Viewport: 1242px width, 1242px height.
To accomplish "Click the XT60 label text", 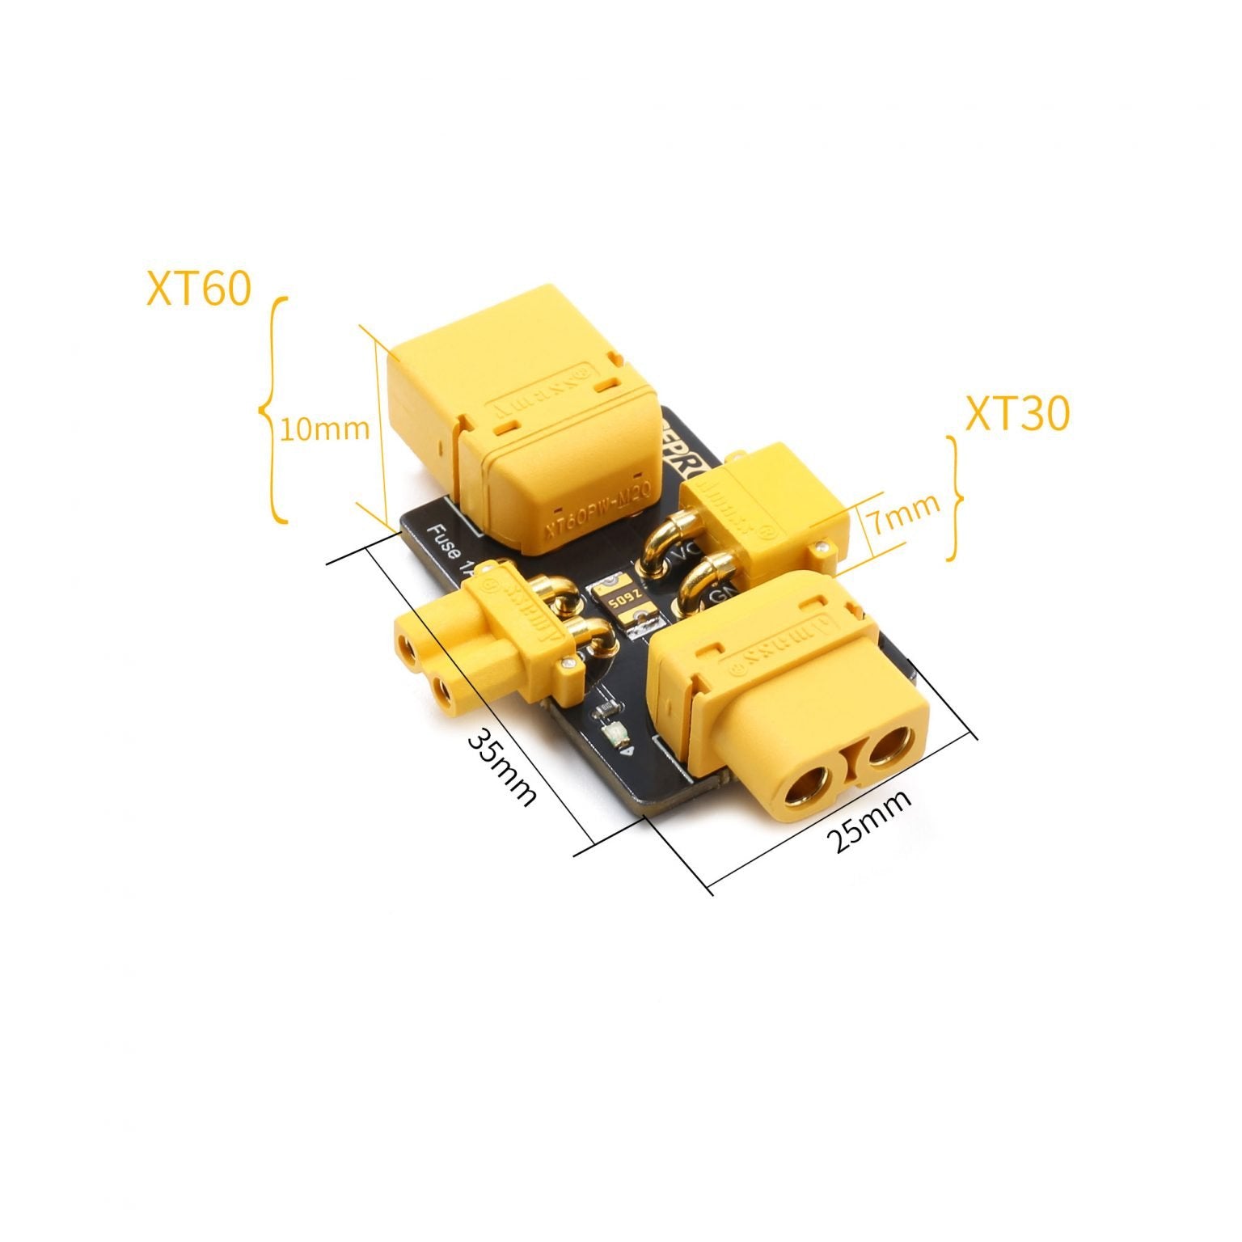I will pyautogui.click(x=198, y=289).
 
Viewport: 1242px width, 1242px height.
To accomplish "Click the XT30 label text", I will pyautogui.click(x=1017, y=414).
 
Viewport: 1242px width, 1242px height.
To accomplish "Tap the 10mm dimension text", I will pyautogui.click(x=324, y=429).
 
